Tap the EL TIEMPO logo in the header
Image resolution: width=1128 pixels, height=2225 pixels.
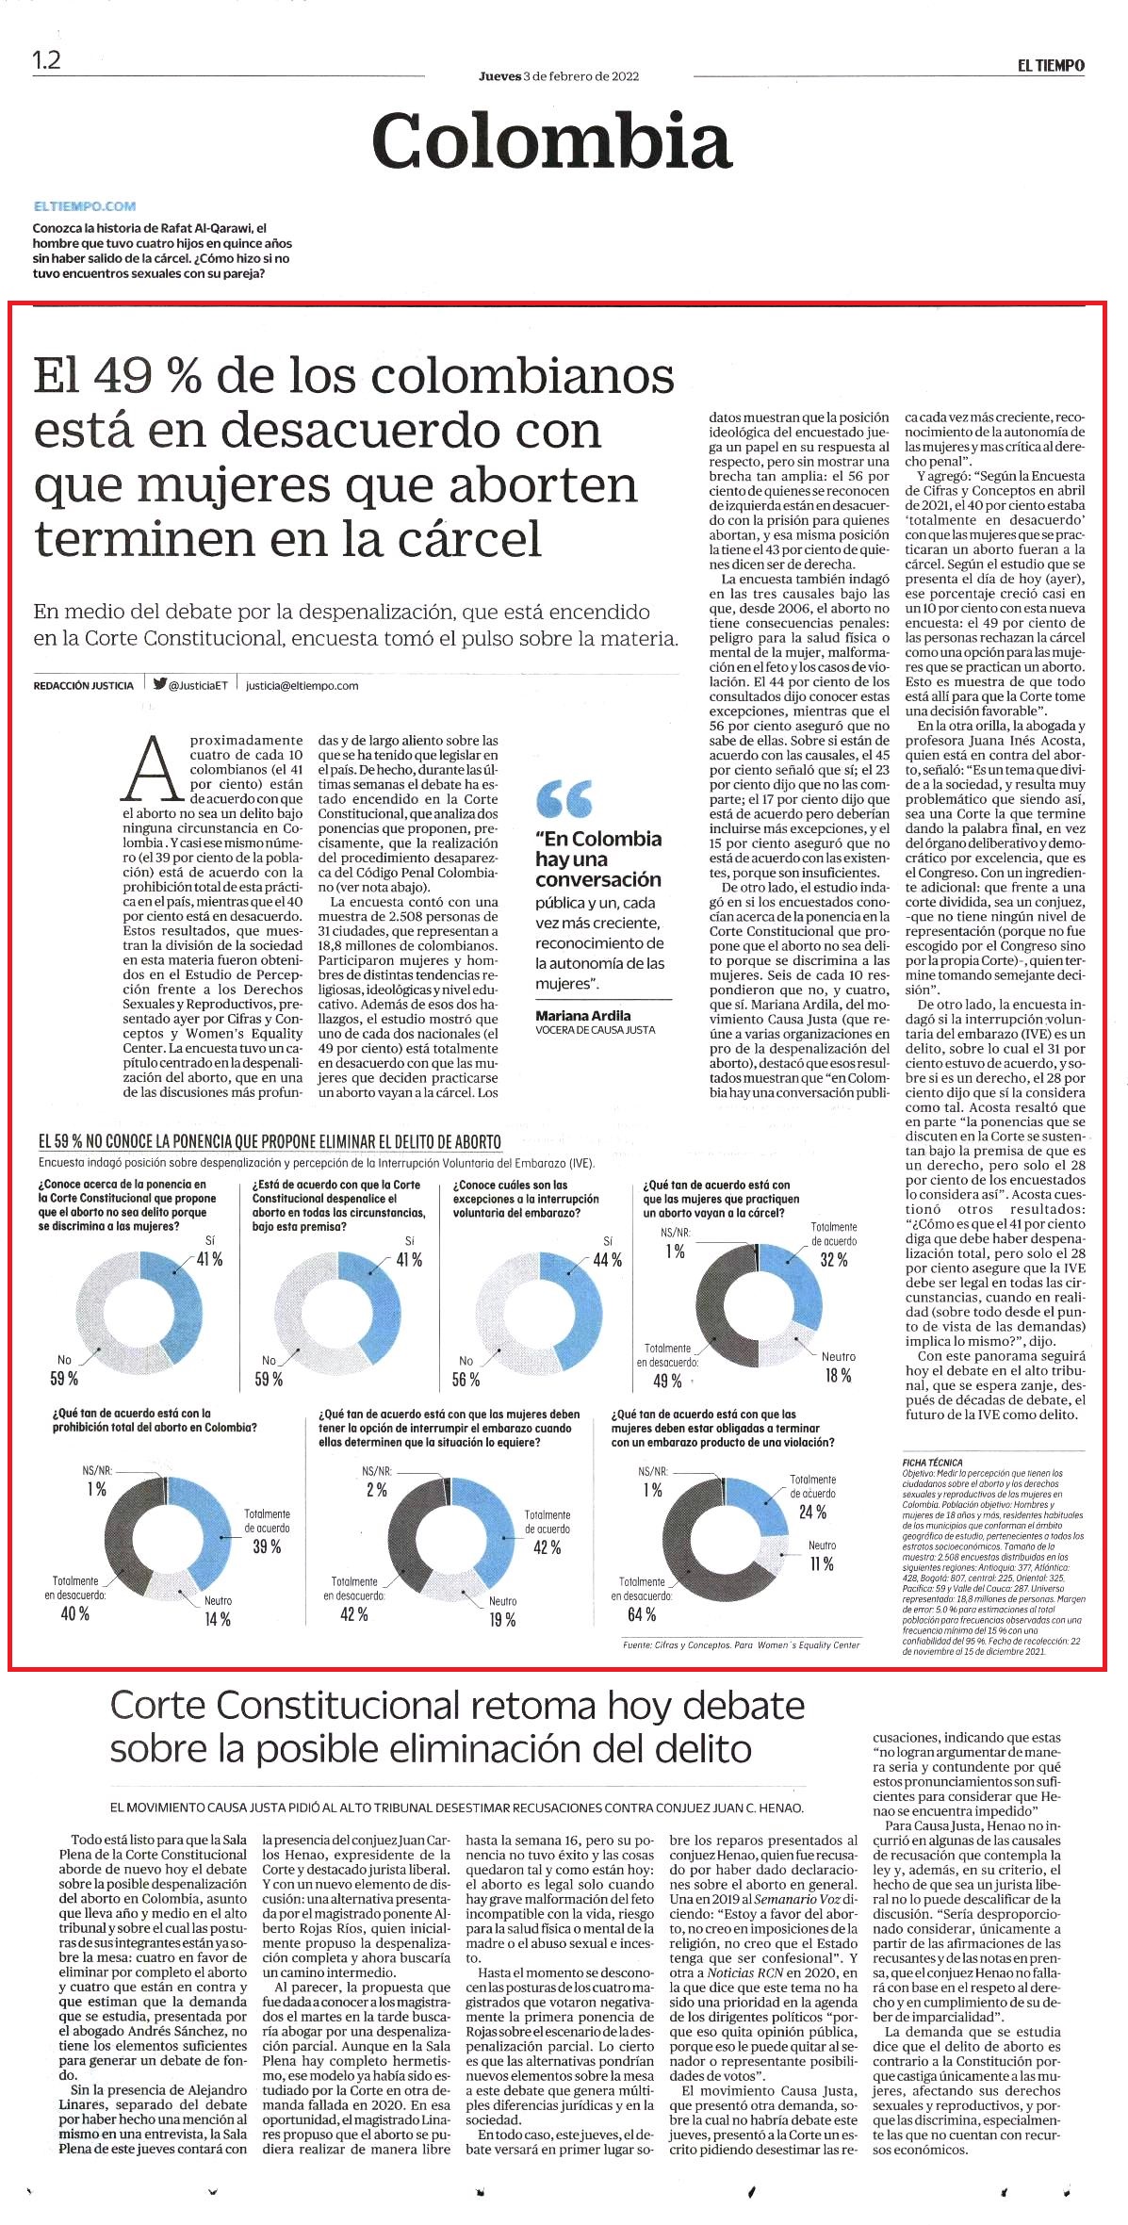click(x=1050, y=65)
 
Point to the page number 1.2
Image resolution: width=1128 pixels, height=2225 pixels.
click(x=46, y=60)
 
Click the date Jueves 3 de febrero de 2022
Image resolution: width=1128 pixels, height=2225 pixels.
click(x=559, y=76)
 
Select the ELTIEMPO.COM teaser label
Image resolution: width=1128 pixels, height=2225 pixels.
click(x=85, y=205)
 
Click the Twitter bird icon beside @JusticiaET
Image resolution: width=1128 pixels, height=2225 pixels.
click(x=159, y=685)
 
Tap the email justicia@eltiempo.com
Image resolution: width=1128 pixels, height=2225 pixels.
click(x=302, y=686)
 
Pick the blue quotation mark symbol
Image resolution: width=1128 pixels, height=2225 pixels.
click(x=564, y=798)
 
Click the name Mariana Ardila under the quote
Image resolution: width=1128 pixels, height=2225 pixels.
click(x=583, y=1015)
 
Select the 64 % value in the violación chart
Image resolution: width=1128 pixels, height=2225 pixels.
click(x=641, y=1614)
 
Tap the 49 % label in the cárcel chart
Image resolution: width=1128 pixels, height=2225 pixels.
click(x=666, y=1381)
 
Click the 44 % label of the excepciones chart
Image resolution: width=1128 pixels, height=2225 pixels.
click(x=607, y=1260)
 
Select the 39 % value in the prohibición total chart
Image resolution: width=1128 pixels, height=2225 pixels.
click(x=267, y=1546)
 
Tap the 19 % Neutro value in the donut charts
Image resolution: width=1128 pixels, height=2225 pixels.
click(x=502, y=1619)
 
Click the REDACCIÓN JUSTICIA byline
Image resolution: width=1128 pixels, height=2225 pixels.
click(x=83, y=686)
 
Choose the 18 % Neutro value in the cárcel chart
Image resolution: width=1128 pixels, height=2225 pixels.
click(x=838, y=1375)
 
